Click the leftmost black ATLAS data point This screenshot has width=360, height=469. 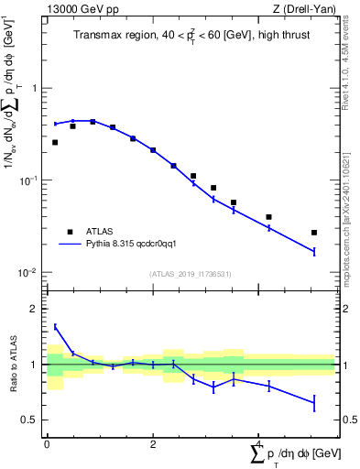pos(55,142)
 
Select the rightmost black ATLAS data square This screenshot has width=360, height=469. pos(314,233)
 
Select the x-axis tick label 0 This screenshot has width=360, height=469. pos(47,443)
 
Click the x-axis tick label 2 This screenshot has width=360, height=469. pos(152,443)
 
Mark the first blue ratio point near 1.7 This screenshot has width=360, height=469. pos(55,326)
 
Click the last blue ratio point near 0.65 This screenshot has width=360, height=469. pos(314,402)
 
